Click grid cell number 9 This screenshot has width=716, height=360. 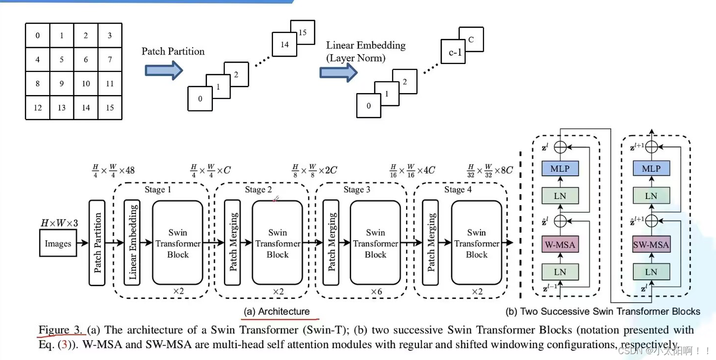coord(62,83)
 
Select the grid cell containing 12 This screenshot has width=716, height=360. coord(37,107)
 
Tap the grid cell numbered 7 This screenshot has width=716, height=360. coord(109,60)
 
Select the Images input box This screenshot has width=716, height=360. coord(58,244)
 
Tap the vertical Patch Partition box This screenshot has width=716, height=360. coord(98,243)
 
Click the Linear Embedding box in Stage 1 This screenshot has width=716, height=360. coord(132,243)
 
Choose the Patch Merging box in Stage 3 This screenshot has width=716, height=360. coord(331,243)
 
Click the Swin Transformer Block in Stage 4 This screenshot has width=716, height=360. coord(477,243)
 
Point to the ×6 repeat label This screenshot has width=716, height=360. coord(376,292)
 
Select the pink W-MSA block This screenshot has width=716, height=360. coord(559,244)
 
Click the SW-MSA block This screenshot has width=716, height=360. coord(651,244)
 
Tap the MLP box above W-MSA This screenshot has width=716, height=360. coord(559,169)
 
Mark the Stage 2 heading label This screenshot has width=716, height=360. coord(259,190)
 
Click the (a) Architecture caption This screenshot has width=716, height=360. coord(277,311)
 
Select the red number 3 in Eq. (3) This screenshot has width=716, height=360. coord(65,344)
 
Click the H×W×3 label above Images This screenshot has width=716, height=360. coord(59,224)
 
